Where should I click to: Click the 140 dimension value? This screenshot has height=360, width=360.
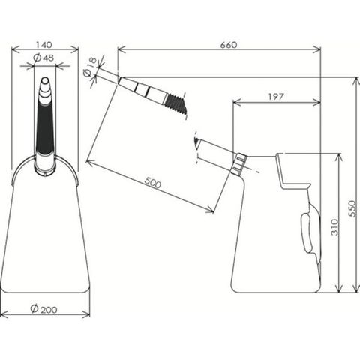(x=44, y=45)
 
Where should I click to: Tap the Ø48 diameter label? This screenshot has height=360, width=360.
(x=43, y=58)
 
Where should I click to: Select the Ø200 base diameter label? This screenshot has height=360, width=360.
(x=43, y=309)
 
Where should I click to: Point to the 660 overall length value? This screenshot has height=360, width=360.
(x=229, y=45)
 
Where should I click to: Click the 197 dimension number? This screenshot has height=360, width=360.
(x=276, y=97)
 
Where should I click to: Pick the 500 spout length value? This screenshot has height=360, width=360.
(x=153, y=182)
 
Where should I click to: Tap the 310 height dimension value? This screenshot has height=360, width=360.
(x=334, y=227)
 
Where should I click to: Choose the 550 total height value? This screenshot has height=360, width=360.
(x=352, y=208)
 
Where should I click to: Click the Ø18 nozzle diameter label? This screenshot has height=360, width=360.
(x=89, y=67)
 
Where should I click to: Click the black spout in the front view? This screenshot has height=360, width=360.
(x=45, y=127)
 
